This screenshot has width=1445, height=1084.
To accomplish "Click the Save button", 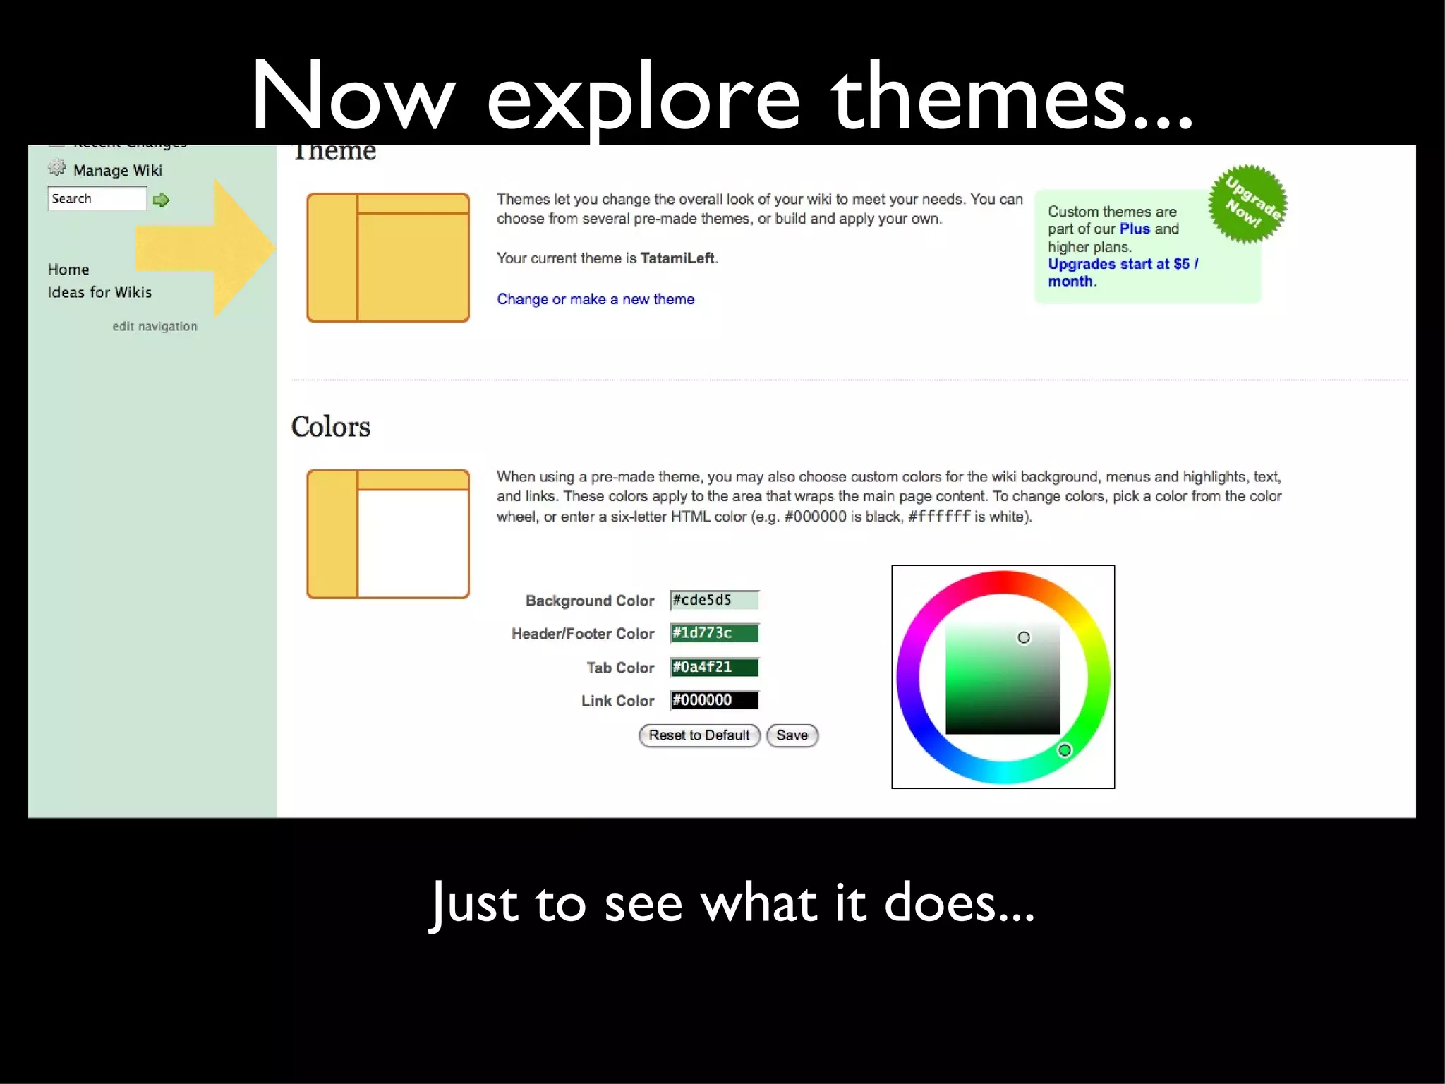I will coord(792,735).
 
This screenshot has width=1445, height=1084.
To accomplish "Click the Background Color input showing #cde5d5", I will coord(714,600).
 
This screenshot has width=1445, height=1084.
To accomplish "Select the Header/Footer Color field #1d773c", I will coord(714,633).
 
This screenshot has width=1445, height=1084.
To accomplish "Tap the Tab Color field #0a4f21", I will coord(714,667).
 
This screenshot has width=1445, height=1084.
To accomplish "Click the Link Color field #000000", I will coord(714,700).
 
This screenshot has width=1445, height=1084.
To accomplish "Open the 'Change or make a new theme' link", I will coord(595,299).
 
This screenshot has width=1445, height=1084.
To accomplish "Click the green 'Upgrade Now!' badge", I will coord(1247,204).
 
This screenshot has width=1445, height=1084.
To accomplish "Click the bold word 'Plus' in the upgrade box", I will coord(1135,229).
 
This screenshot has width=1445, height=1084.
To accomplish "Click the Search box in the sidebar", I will coord(97,199).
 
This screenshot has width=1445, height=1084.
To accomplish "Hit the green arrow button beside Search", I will coord(162,200).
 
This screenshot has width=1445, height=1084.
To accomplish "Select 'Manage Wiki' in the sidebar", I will coord(118,170).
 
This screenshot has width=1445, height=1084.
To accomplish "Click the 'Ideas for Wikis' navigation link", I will coord(99,292).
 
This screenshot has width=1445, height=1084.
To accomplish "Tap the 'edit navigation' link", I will coord(155,326).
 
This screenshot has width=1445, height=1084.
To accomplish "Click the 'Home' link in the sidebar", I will coord(68,270).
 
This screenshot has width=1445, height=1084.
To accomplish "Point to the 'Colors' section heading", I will coord(330,427).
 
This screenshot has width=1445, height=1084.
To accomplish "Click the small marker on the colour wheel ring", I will coord(1065,750).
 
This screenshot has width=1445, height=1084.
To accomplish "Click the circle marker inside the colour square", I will coord(1024,637).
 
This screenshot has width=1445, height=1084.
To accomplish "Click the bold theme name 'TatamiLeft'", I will coord(677,258).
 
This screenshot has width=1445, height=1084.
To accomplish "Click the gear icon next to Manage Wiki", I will coord(56,168).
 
